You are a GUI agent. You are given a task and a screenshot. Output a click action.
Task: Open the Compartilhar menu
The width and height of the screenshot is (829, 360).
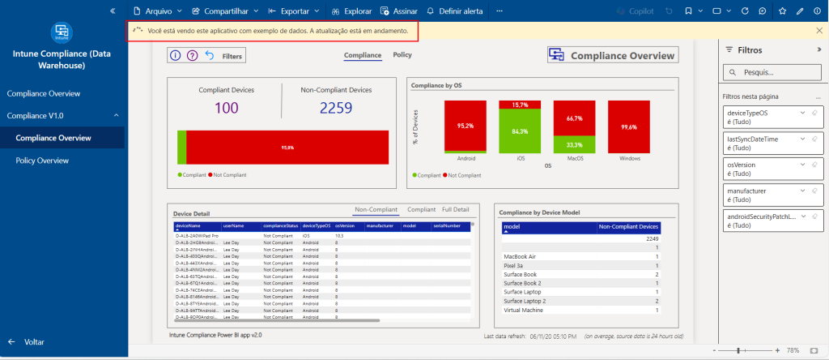tap(225, 11)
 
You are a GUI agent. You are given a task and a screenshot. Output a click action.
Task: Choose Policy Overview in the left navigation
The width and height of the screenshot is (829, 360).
tap(42, 161)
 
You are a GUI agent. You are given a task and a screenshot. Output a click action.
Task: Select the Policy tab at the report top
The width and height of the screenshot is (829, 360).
tap(402, 55)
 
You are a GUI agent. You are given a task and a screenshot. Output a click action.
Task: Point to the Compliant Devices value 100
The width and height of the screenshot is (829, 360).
tap(227, 108)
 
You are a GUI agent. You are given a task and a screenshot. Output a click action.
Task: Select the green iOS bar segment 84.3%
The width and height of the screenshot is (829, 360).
tap(520, 132)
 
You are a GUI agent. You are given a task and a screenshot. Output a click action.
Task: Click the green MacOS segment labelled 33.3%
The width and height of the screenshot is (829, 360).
tap(574, 144)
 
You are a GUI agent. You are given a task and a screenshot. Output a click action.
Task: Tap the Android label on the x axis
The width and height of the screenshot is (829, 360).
tap(465, 159)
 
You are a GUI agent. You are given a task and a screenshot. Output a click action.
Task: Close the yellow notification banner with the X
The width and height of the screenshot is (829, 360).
tap(819, 31)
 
